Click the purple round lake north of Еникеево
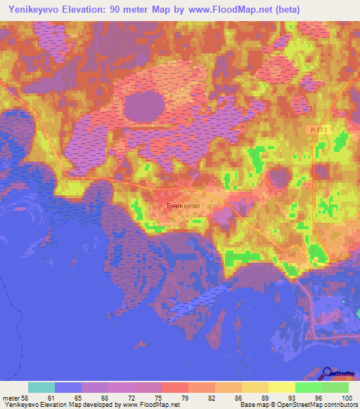[x=144, y=108]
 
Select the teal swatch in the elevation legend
[x=41, y=387]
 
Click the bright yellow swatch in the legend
[x=282, y=387]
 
